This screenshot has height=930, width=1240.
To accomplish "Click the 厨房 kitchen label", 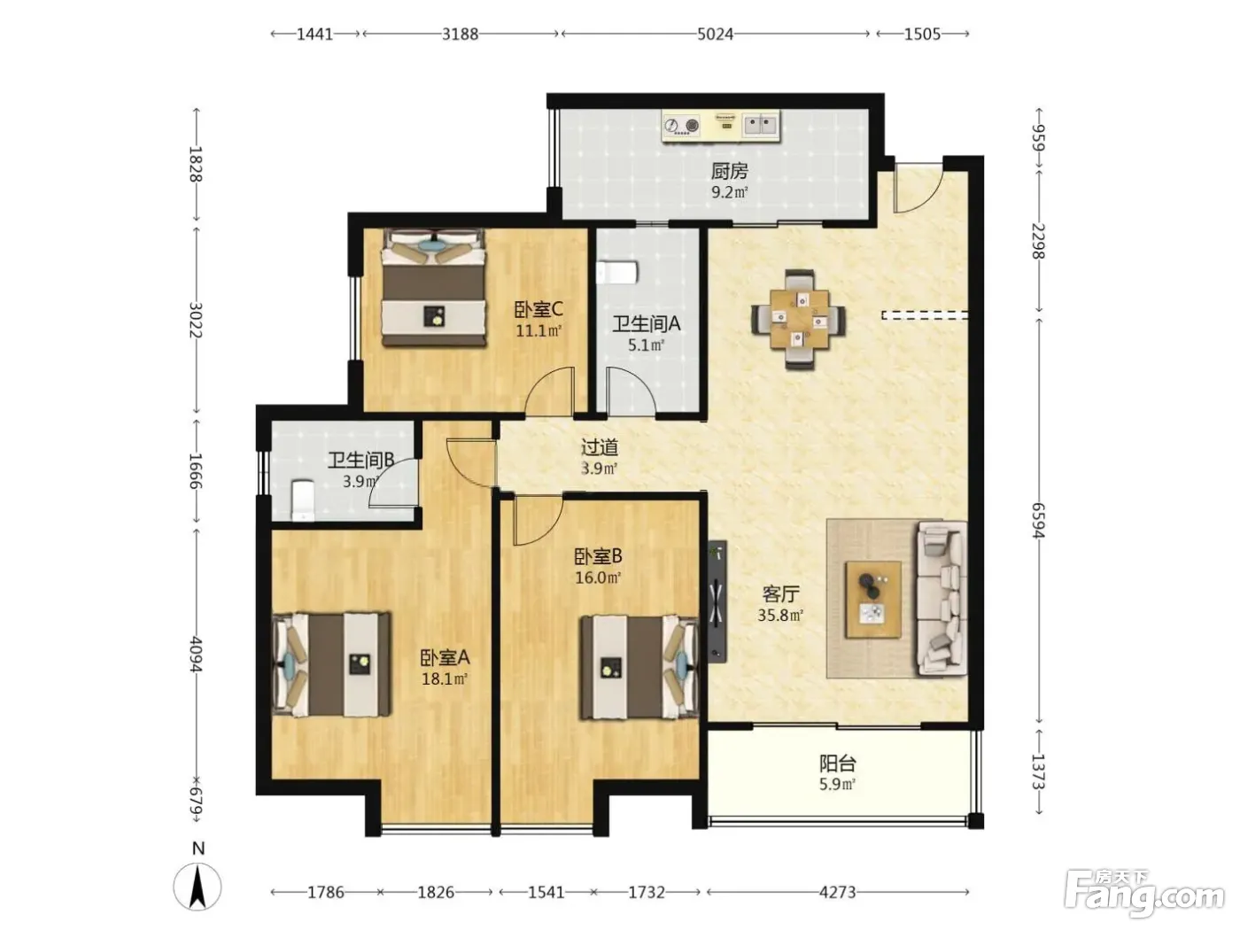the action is coord(729,170).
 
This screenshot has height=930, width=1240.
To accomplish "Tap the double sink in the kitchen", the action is coord(760,124).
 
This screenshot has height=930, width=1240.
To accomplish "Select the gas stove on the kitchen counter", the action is coord(682,125).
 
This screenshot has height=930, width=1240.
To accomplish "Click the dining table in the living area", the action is coord(799,319).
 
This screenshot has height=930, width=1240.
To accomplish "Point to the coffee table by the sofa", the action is coord(872,600).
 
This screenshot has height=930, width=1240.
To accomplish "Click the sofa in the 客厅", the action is coord(942,599).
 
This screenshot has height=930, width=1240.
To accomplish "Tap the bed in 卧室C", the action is coord(434,287).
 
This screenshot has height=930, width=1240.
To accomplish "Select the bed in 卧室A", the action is coord(331,664).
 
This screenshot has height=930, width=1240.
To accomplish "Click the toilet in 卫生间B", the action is coord(302,500).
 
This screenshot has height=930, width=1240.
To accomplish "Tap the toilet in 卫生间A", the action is coord(617,273).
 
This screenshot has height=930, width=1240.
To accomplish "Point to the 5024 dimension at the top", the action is coord(715,35).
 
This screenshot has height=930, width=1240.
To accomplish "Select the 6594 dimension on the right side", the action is coord(1038,521).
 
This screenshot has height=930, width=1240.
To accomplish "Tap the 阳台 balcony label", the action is coord(837,763).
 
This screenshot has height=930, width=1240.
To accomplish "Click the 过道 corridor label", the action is coord(600,447).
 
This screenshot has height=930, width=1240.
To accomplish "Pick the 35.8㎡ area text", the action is coord(780,616).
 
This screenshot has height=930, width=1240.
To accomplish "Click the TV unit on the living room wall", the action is coord(717,601).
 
